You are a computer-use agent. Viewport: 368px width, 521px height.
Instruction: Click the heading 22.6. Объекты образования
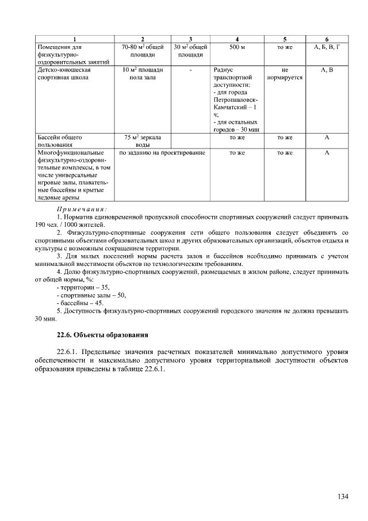pyautogui.click(x=99, y=334)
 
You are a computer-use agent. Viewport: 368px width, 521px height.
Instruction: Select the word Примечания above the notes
pyautogui.click(x=82, y=209)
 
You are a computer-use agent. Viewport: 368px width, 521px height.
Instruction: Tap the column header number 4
pyautogui.click(x=237, y=39)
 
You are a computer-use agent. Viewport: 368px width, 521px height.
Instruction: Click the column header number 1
pyautogui.click(x=74, y=39)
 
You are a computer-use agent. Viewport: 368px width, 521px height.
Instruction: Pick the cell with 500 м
pyautogui.click(x=237, y=47)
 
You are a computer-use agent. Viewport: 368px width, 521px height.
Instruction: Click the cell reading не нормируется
pyautogui.click(x=285, y=73)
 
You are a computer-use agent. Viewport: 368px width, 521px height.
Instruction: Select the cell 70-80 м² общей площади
pyautogui.click(x=143, y=51)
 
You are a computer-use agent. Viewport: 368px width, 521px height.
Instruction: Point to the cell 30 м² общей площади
pyautogui.click(x=190, y=51)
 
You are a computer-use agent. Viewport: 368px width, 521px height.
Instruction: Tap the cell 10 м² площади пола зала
pyautogui.click(x=143, y=73)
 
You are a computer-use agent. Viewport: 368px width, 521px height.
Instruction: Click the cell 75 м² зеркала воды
pyautogui.click(x=143, y=141)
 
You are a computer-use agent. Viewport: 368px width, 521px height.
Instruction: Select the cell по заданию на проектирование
pyautogui.click(x=162, y=153)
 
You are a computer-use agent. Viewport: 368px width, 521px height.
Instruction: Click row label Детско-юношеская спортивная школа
pyautogui.click(x=64, y=73)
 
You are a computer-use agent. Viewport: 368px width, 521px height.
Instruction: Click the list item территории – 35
pyautogui.click(x=83, y=287)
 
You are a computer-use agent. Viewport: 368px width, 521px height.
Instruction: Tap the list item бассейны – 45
pyautogui.click(x=80, y=303)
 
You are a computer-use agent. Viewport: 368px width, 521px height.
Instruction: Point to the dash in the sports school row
pyautogui.click(x=190, y=69)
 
